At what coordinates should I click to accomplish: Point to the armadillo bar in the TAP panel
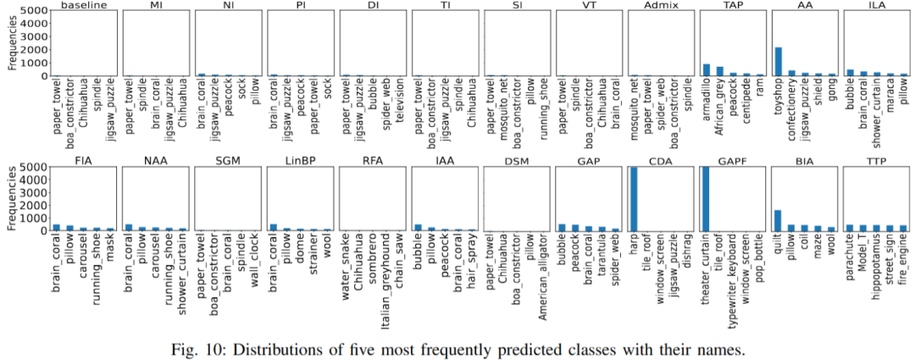(x=706, y=69)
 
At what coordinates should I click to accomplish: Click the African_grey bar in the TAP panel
(x=719, y=71)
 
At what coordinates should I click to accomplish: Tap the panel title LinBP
(x=300, y=160)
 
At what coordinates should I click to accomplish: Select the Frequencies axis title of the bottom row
(x=10, y=200)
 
